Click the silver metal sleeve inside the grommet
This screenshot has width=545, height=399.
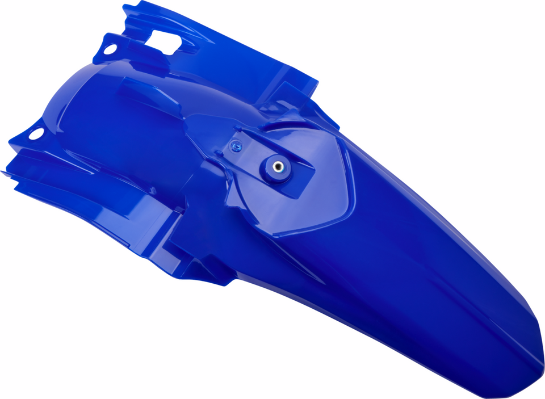pos(277,167)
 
